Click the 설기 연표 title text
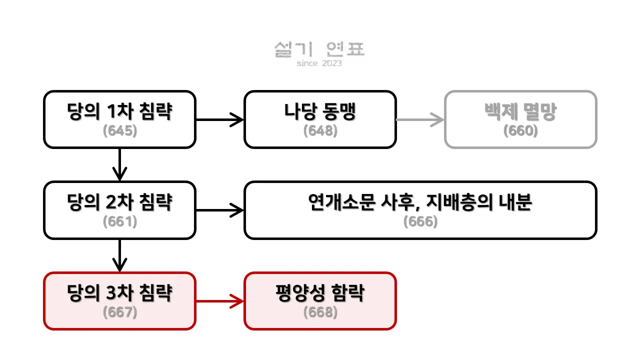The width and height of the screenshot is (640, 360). (319, 49)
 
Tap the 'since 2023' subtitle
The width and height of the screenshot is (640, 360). (319, 63)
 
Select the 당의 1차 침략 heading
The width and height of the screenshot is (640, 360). (119, 112)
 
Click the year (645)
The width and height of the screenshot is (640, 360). (119, 130)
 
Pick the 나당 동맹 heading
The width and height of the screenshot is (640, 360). (320, 112)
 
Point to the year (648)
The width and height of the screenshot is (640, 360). (320, 130)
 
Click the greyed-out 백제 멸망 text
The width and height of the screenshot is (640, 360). (520, 112)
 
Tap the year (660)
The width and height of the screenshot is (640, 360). (520, 130)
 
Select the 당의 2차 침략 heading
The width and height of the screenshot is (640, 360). (119, 202)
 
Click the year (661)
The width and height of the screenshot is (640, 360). (119, 221)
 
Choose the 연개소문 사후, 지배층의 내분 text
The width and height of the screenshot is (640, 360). (420, 202)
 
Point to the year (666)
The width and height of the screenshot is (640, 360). (420, 221)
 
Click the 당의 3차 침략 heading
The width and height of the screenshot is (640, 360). (119, 293)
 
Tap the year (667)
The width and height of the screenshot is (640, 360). (119, 312)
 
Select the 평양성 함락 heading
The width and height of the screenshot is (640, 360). (320, 293)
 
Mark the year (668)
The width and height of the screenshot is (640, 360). (320, 312)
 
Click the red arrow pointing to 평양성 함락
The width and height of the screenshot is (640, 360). (219, 301)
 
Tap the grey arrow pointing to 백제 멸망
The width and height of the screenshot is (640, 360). (420, 119)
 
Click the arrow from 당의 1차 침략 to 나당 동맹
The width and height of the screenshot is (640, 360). (219, 119)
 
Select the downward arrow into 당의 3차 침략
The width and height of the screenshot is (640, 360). (119, 255)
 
